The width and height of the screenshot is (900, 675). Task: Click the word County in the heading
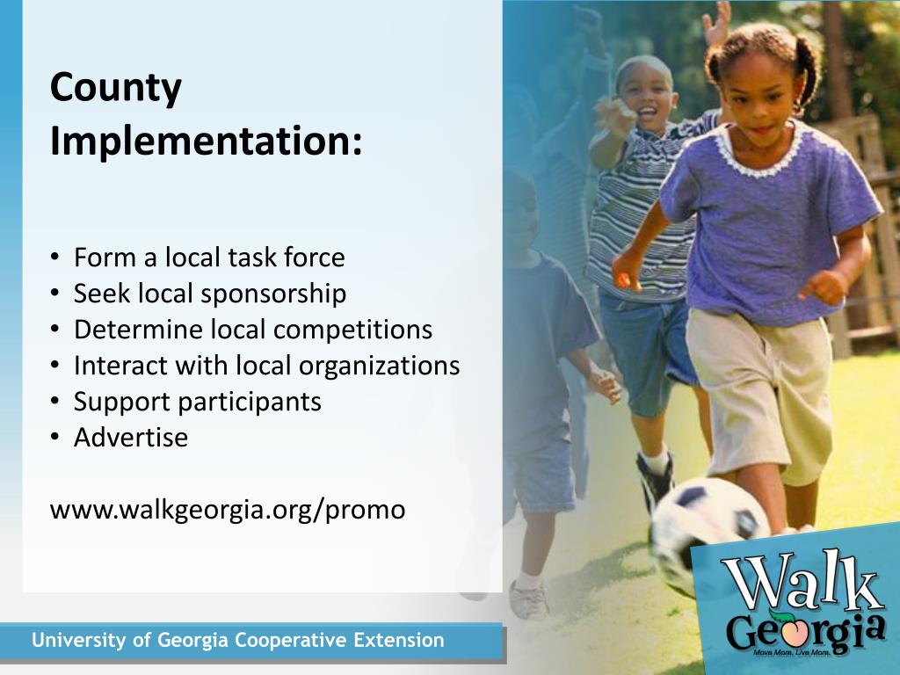(x=116, y=89)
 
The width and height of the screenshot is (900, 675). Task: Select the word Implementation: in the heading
(x=206, y=142)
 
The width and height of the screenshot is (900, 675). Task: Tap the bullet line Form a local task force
(x=209, y=258)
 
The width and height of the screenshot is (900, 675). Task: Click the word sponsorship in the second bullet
(x=273, y=294)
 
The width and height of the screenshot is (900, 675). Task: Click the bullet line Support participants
(x=197, y=402)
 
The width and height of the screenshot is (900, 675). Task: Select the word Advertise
(x=131, y=438)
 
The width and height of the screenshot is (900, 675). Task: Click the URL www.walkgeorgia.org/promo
(x=228, y=510)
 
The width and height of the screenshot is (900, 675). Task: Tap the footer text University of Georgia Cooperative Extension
(x=238, y=641)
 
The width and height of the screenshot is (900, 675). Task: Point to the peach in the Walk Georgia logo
(x=784, y=624)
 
